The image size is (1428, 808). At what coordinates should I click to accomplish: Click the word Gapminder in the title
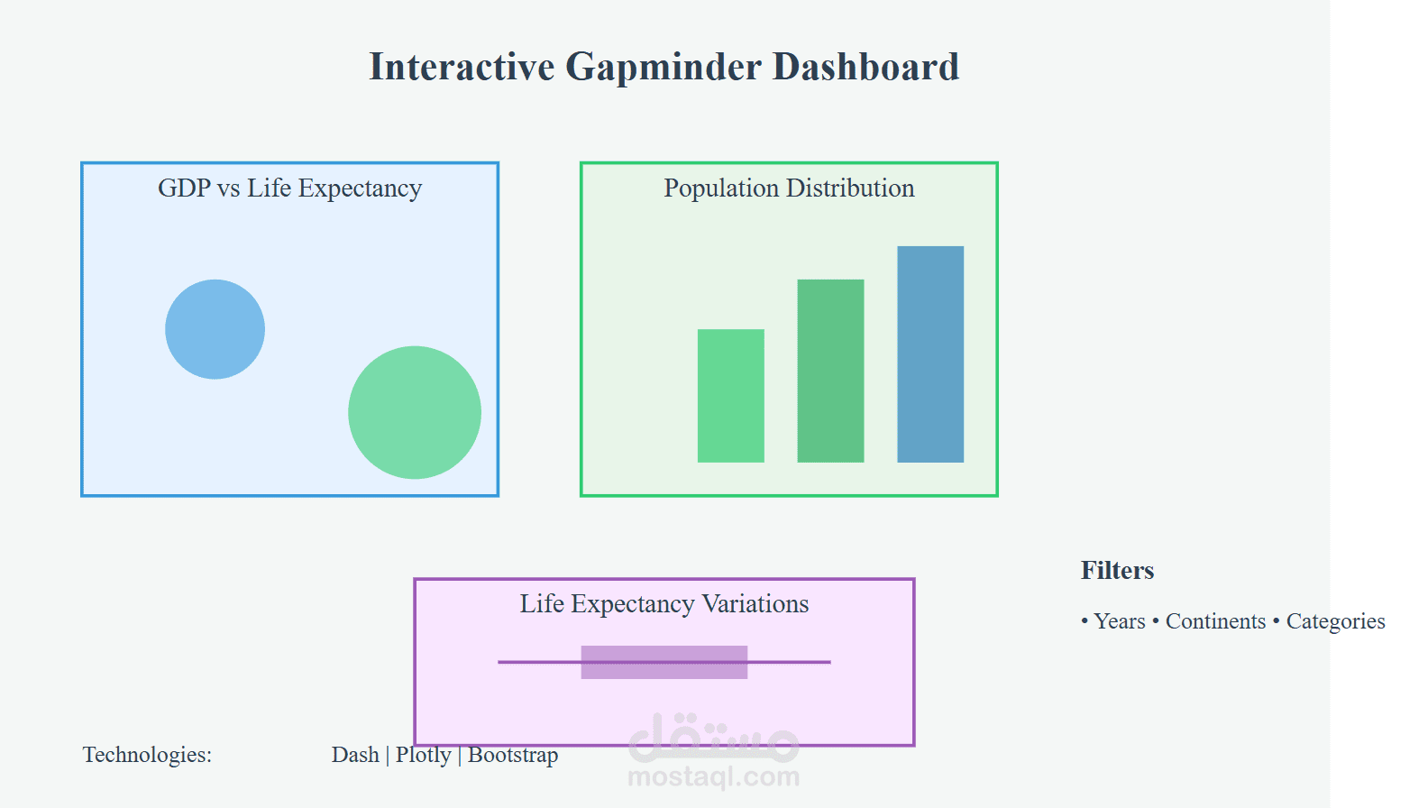click(664, 68)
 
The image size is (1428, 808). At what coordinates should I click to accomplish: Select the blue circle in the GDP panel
click(215, 329)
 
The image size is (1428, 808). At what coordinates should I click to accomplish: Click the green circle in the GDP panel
click(415, 412)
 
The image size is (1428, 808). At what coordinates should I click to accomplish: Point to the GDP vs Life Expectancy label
click(289, 188)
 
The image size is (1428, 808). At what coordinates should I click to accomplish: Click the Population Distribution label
click(789, 188)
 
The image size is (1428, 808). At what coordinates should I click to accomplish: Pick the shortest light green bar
click(730, 396)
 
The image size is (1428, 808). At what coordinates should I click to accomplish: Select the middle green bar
click(830, 371)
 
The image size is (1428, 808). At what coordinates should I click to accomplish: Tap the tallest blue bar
click(930, 354)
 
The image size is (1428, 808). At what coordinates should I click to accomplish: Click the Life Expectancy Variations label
click(664, 604)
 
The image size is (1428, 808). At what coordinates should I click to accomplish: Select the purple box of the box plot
click(664, 662)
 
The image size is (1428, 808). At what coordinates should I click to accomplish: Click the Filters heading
click(1117, 571)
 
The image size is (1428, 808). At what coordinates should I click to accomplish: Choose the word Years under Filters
click(1119, 621)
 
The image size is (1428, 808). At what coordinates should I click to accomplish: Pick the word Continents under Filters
click(1215, 621)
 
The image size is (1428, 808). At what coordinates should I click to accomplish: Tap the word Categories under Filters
click(1335, 621)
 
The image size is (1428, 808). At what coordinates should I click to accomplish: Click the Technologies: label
click(147, 755)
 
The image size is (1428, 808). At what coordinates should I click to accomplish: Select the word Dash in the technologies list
click(355, 755)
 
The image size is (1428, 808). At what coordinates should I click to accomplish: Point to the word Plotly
click(423, 755)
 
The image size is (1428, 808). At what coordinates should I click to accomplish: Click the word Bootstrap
click(513, 755)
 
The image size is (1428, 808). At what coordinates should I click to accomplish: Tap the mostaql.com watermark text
click(713, 776)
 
